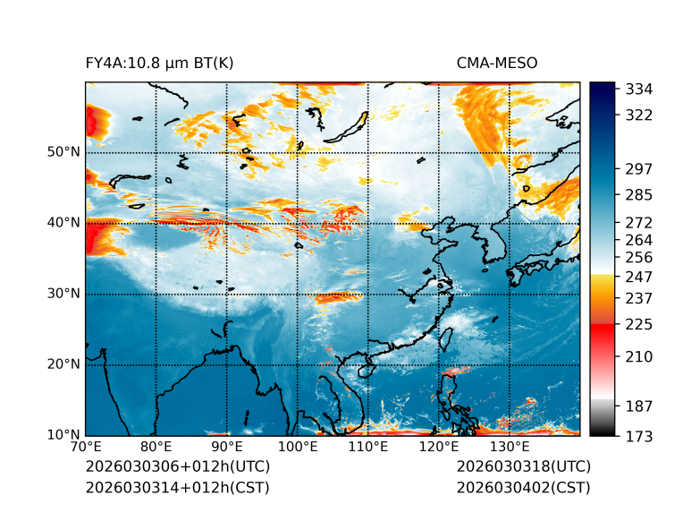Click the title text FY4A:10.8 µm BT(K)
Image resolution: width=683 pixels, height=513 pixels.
[x=159, y=63]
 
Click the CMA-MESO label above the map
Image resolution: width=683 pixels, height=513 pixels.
[x=496, y=63]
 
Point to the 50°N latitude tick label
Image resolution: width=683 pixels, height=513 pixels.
[x=63, y=152]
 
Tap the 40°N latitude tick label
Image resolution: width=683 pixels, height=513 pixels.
[x=63, y=223]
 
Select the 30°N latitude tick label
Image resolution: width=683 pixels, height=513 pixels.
[x=63, y=294]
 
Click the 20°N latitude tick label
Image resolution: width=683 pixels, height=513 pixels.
[x=63, y=364]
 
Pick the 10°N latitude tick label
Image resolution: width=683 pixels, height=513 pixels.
[x=63, y=435]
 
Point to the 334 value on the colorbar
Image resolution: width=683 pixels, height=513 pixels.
[x=638, y=90]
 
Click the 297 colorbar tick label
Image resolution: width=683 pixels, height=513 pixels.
[x=638, y=169]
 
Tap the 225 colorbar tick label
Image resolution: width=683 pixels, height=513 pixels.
[x=638, y=324]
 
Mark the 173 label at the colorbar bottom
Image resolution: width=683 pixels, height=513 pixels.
[x=638, y=436]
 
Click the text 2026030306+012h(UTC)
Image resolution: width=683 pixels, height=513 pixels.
[x=177, y=466]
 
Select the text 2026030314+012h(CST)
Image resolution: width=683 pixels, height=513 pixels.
[x=177, y=487]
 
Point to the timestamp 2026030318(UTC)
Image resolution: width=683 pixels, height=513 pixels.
[x=523, y=466]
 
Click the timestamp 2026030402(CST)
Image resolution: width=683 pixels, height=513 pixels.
[x=523, y=487]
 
